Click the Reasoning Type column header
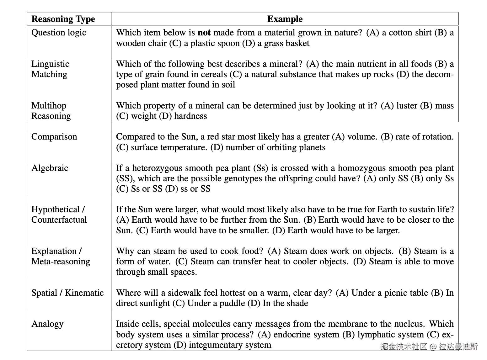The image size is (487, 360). click(x=63, y=19)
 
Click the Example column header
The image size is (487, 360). click(x=285, y=19)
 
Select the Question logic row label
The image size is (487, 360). click(x=59, y=33)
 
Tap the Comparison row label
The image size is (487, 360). click(x=54, y=137)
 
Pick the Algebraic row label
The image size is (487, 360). click(x=50, y=168)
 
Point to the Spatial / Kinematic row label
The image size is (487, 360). click(x=67, y=293)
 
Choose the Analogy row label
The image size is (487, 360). click(x=47, y=324)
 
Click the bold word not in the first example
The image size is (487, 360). click(x=204, y=33)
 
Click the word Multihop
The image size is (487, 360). click(x=49, y=106)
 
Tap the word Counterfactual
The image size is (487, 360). click(x=59, y=220)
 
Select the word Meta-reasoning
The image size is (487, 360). click(x=61, y=262)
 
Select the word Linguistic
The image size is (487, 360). click(x=50, y=64)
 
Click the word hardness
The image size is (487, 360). click(x=190, y=116)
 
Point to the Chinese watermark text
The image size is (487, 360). click(x=429, y=347)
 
